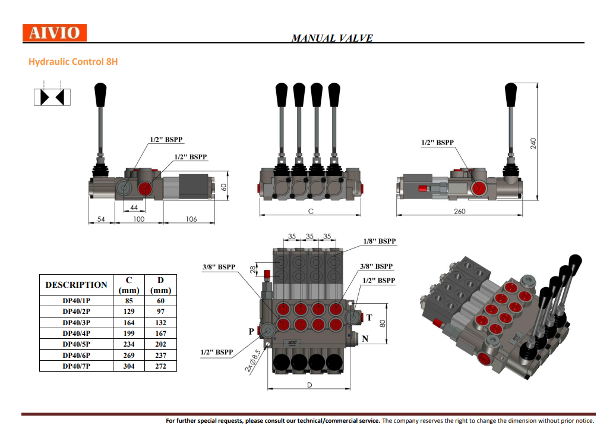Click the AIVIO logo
[x=55, y=33]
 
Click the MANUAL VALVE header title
[x=332, y=38]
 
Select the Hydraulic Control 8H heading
[x=72, y=62]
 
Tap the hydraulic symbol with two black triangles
[x=52, y=97]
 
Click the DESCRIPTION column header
[x=77, y=285]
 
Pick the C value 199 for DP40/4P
[x=129, y=334]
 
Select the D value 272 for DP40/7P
[x=161, y=366]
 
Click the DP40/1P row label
[x=76, y=301]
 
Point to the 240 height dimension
[x=533, y=143]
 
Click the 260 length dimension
[x=460, y=211]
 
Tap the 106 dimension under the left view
[x=191, y=219]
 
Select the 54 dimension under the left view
[x=101, y=219]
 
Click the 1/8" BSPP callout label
[x=379, y=241]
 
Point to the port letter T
[x=369, y=317]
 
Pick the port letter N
[x=365, y=339]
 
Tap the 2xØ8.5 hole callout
[x=252, y=360]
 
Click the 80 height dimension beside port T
[x=383, y=323]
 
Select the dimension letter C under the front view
[x=310, y=211]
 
